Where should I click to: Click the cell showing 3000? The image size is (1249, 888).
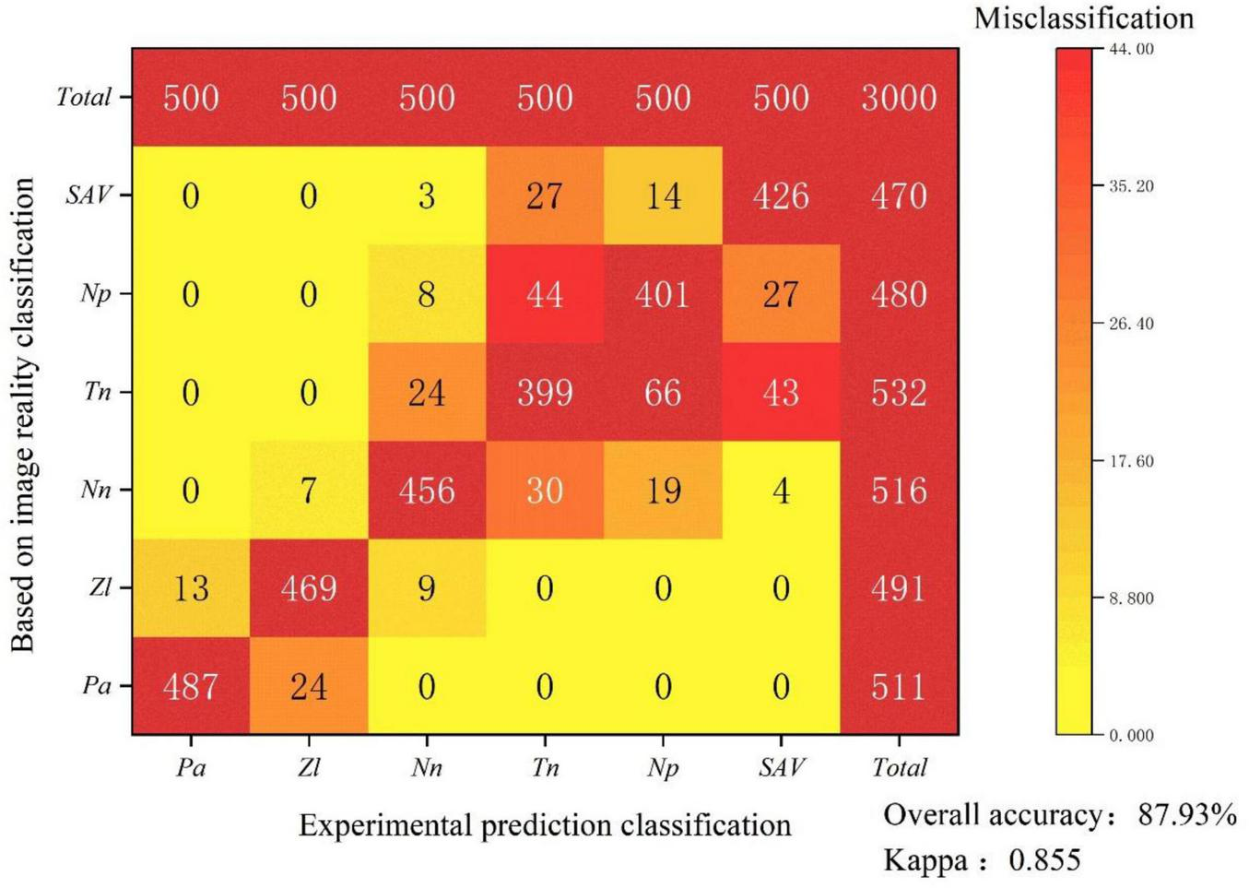[899, 98]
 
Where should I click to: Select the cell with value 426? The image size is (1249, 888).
[781, 196]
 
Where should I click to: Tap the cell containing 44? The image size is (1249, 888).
[545, 295]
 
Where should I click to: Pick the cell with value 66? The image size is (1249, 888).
[663, 393]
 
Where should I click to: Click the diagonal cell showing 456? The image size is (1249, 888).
[427, 491]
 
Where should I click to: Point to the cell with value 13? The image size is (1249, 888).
[191, 588]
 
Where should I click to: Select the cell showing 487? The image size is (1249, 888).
[191, 687]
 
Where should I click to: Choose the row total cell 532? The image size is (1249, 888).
[899, 393]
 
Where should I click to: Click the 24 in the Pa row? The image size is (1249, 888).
[309, 687]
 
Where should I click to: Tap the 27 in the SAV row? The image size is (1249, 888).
[545, 196]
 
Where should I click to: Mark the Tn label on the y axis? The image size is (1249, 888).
[97, 392]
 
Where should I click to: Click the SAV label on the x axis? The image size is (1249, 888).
[781, 767]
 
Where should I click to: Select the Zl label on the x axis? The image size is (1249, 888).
[309, 767]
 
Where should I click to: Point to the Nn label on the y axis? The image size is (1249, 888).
[96, 490]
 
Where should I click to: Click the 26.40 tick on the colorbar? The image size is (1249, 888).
[1131, 324]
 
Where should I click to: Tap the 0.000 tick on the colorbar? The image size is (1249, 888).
[1131, 736]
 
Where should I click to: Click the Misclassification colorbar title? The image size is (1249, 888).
[1083, 18]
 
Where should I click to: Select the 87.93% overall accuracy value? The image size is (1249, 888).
[1187, 815]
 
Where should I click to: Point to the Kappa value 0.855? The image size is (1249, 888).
[1044, 860]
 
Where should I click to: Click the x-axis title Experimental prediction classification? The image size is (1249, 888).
[545, 825]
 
